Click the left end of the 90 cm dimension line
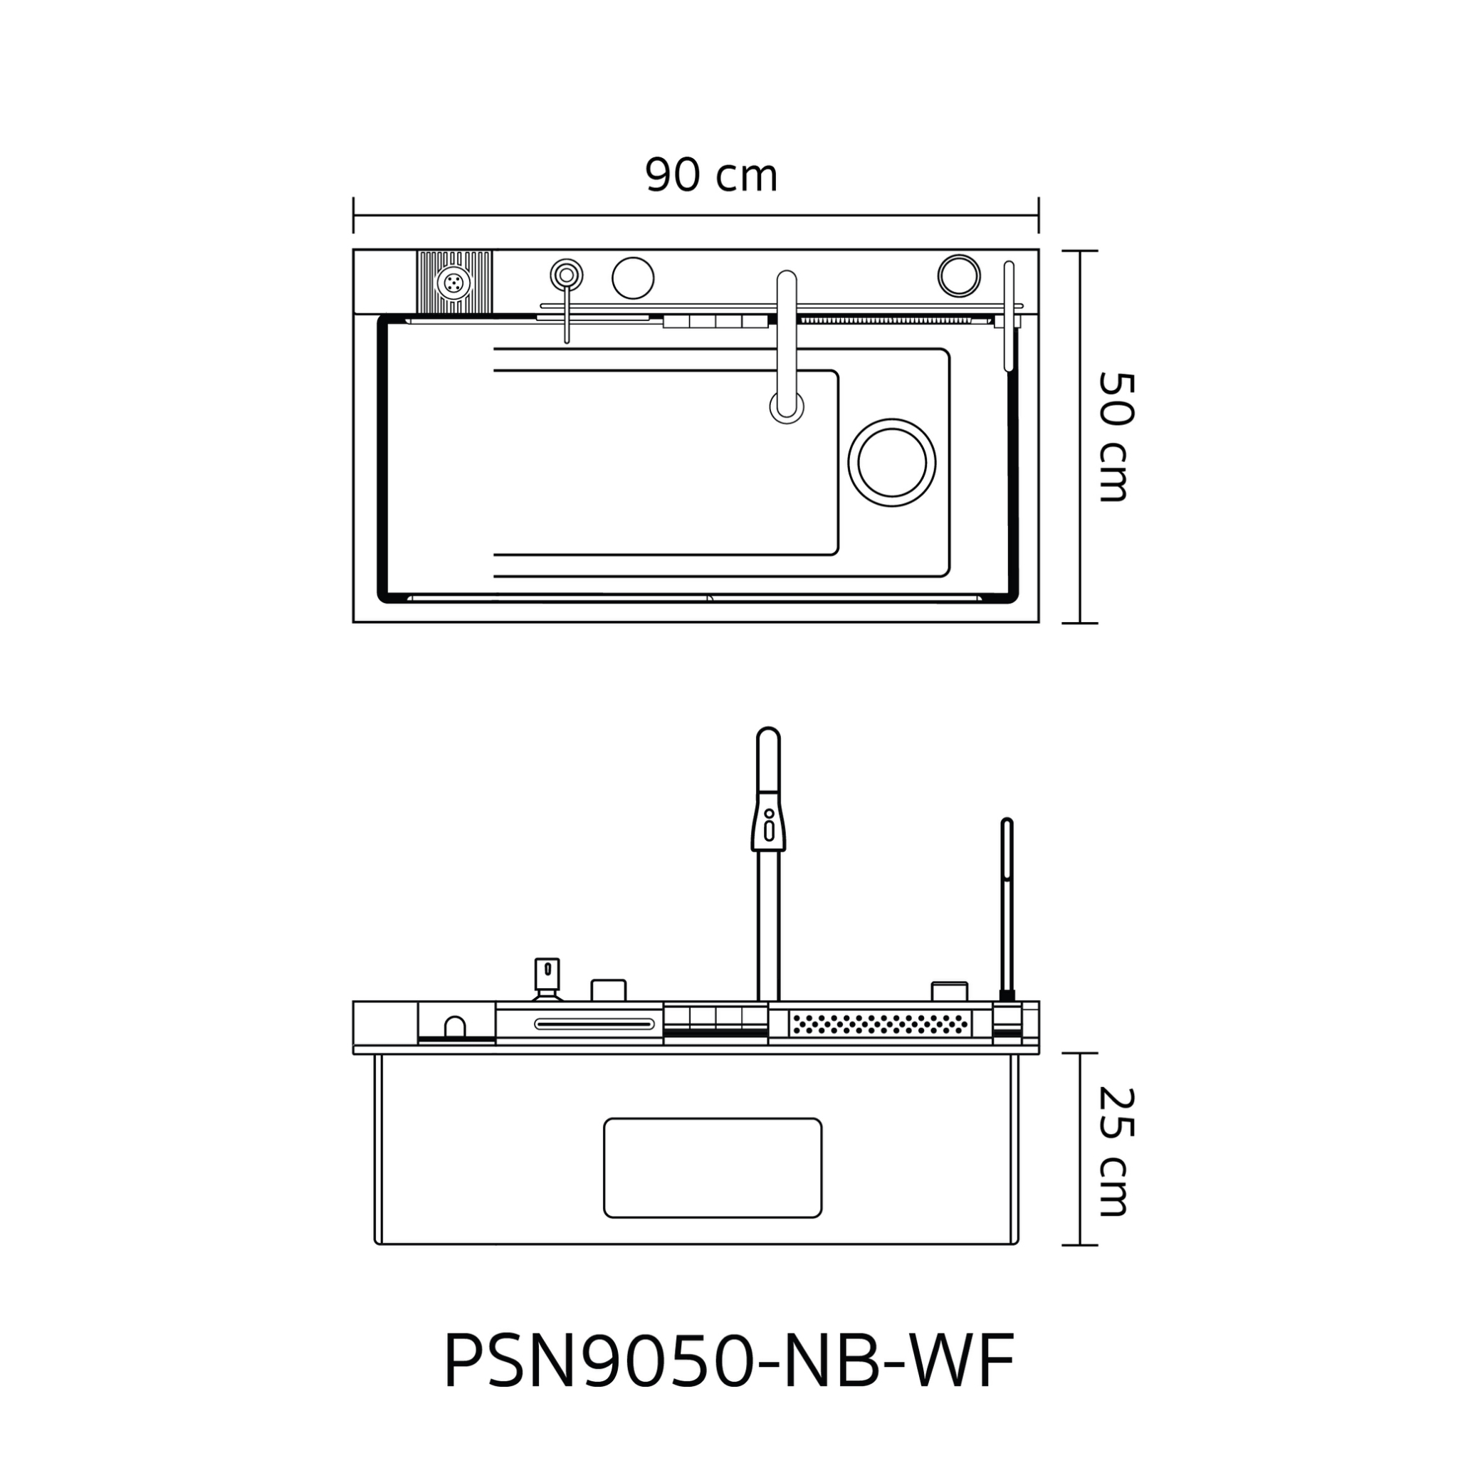pyautogui.click(x=354, y=215)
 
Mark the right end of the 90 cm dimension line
pyautogui.click(x=1039, y=215)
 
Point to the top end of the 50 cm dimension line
pyautogui.click(x=1080, y=251)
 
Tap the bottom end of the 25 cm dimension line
pyautogui.click(x=1080, y=1244)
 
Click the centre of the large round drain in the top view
pyautogui.click(x=892, y=463)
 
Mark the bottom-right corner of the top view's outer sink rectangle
pyautogui.click(x=1039, y=623)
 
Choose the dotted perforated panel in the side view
pyautogui.click(x=880, y=1023)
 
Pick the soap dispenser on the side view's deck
pyautogui.click(x=547, y=979)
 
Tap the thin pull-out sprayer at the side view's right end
pyautogui.click(x=1007, y=913)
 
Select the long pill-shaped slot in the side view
pyautogui.click(x=594, y=1024)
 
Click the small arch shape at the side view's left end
pyautogui.click(x=455, y=1027)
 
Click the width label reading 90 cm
pyautogui.click(x=712, y=176)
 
